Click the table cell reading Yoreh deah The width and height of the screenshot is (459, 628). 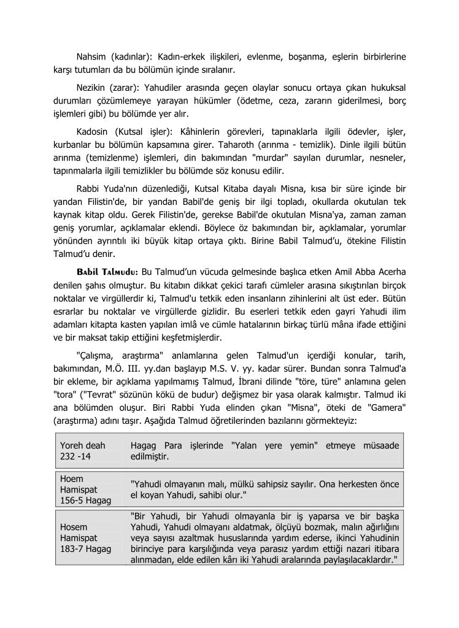83,445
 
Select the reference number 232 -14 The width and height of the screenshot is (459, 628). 75,457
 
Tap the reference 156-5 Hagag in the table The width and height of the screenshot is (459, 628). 86,501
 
